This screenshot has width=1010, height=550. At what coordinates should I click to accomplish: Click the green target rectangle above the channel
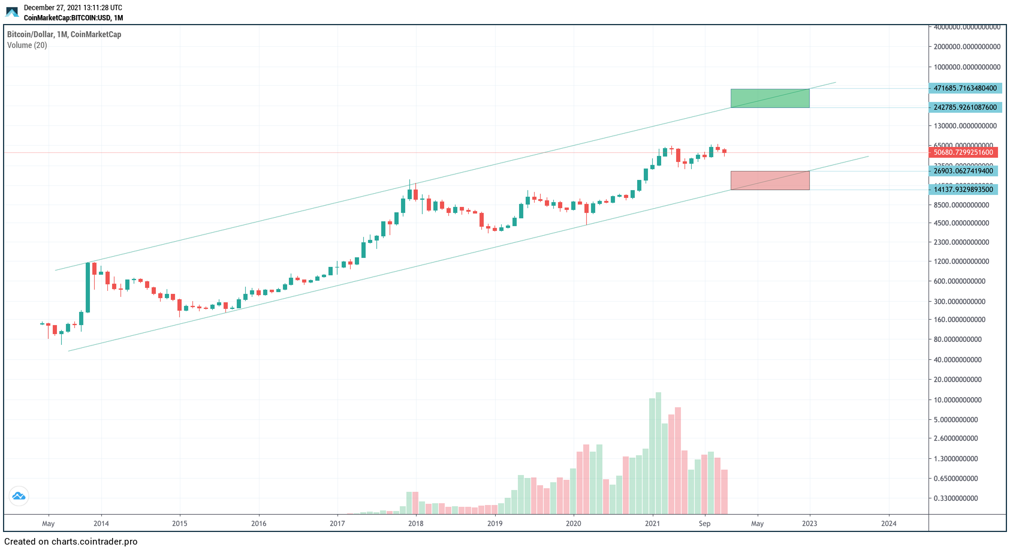coord(770,98)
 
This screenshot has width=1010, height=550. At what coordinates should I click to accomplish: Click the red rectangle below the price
coord(770,181)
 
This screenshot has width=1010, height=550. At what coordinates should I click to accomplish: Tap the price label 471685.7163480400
coord(965,88)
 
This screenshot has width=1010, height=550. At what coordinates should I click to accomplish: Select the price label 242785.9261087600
coord(965,107)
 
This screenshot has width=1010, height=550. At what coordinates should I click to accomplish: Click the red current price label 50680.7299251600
coord(963,152)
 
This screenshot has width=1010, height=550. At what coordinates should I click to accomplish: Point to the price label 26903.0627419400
coord(963,171)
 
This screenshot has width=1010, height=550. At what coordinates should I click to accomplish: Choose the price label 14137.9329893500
coord(963,190)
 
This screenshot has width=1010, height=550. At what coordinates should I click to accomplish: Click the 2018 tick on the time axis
coord(415,524)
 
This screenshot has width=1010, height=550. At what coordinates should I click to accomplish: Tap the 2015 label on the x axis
coord(179,524)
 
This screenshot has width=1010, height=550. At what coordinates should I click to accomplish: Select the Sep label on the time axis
coord(704,524)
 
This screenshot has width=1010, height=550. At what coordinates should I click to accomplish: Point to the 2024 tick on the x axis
coord(888,524)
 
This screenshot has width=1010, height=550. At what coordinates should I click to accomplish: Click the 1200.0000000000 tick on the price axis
coord(961,262)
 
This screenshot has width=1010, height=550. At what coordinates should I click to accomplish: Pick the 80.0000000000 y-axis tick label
coord(958,339)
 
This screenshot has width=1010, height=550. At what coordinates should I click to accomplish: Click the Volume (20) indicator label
coord(27,46)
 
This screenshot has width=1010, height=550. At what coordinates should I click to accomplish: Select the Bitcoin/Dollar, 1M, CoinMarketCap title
coord(64,35)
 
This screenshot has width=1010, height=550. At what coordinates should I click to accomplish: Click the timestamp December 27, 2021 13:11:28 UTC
coord(73,8)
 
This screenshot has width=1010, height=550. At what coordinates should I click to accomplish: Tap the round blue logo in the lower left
coord(19,496)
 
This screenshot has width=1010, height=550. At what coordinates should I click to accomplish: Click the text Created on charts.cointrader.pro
coord(71,542)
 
